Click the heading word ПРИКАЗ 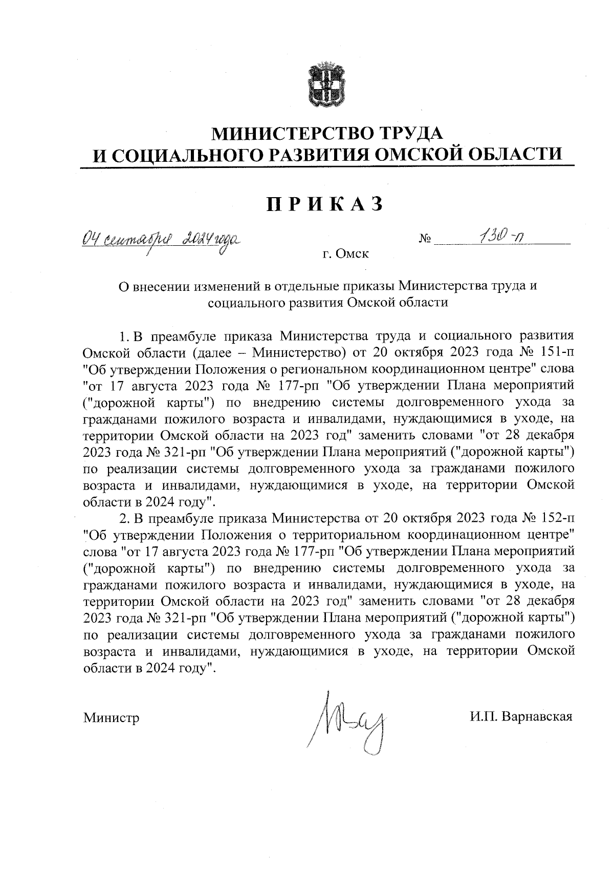click(324, 203)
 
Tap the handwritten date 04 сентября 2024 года click(162, 239)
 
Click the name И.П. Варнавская click(521, 716)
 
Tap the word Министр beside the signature click(112, 717)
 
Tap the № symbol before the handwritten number click(425, 240)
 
